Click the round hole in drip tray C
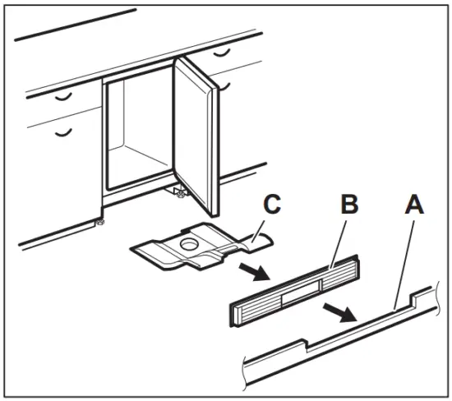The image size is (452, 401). [x=188, y=244]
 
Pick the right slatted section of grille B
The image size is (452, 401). [x=342, y=277]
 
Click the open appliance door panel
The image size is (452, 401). [x=197, y=131]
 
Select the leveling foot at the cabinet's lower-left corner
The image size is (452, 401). [x=99, y=224]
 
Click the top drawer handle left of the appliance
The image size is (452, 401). [x=62, y=96]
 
